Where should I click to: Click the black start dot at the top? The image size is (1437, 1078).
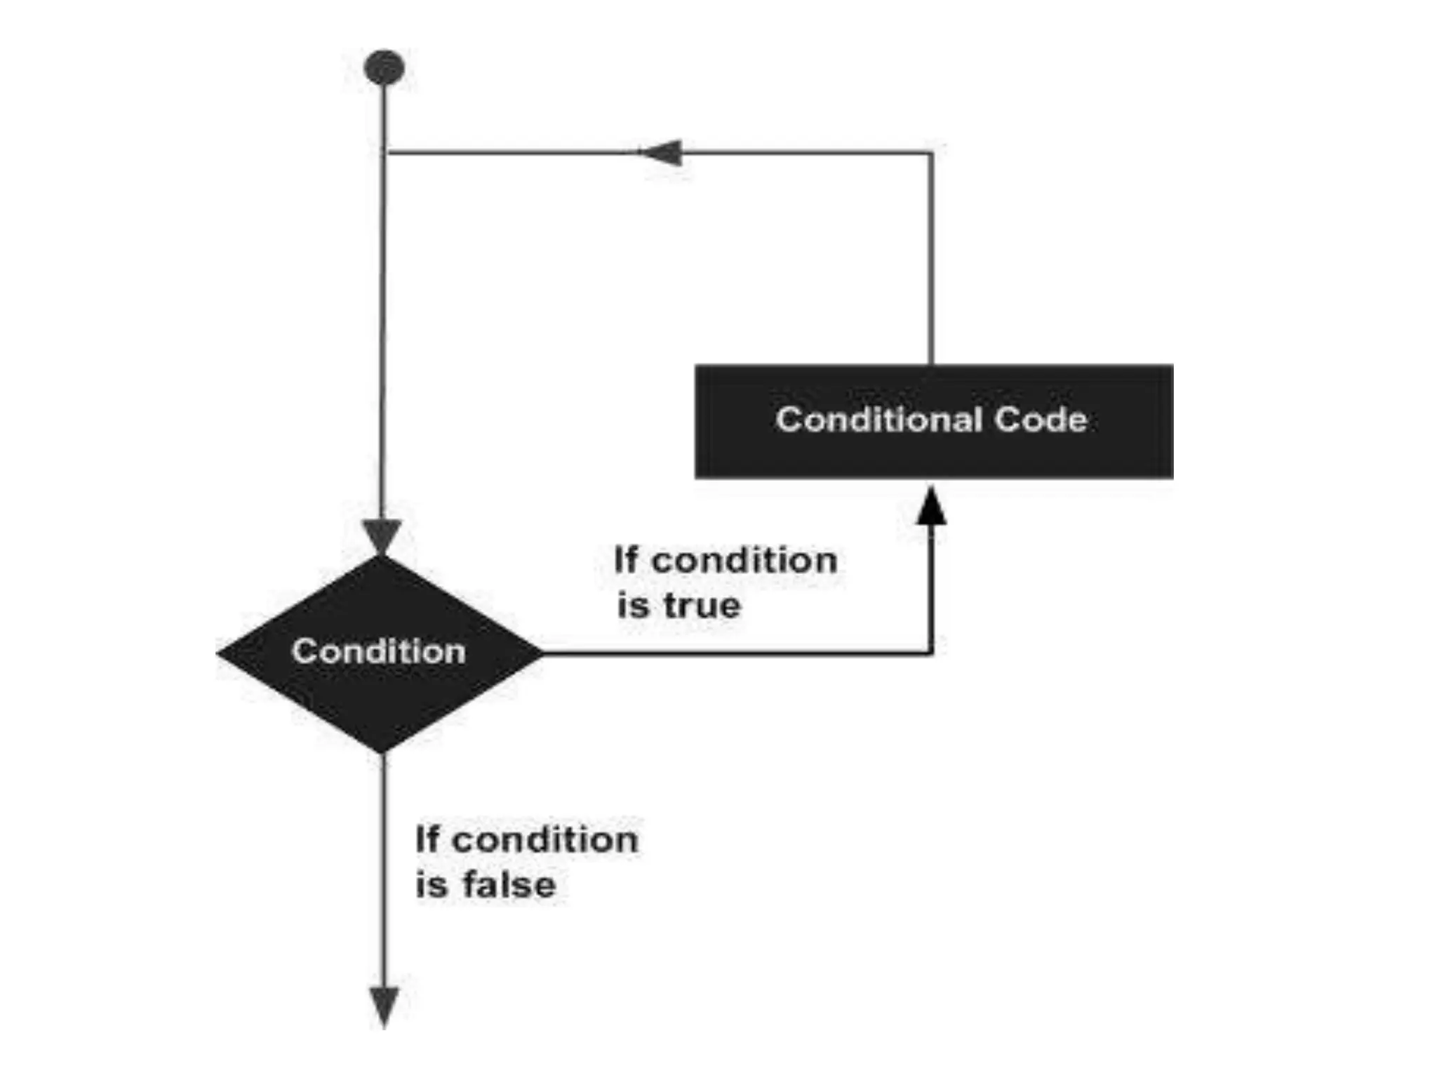384,68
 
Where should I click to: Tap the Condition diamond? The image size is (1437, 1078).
380,653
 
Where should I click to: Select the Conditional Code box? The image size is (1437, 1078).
933,421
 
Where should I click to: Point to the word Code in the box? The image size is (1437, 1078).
1041,420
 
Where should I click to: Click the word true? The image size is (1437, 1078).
702,606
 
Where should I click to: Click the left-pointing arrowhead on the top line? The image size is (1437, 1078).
661,152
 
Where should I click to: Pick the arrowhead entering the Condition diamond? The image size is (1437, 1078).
383,538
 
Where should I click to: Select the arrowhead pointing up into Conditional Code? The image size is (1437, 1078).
932,506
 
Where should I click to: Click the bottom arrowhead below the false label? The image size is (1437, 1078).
384,1006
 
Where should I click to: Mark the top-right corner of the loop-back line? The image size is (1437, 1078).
931,152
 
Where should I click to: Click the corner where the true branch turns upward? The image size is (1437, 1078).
931,653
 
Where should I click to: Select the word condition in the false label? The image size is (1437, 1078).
545,839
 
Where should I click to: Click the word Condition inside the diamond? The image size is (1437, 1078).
379,651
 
